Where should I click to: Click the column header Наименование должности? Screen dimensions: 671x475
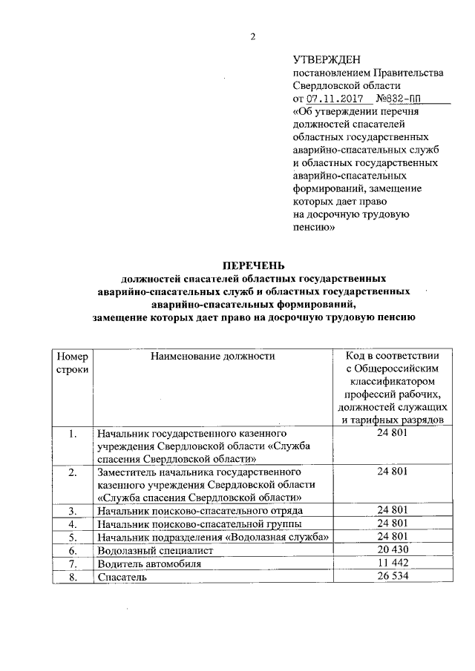click(x=213, y=356)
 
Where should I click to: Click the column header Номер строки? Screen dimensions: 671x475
click(x=72, y=363)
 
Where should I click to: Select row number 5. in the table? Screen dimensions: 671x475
click(x=72, y=537)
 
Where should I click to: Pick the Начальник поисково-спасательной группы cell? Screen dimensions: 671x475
click(x=194, y=523)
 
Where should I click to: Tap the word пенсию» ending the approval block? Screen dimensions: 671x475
click(x=315, y=228)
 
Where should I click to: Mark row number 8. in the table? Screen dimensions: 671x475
click(x=72, y=578)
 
